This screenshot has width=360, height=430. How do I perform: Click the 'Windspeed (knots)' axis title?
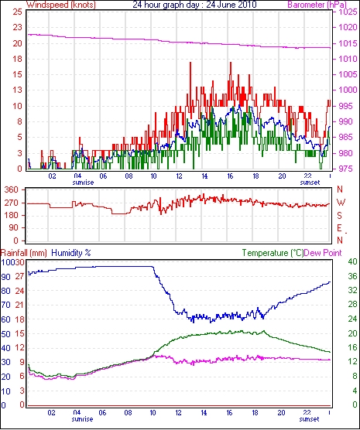pos(61,5)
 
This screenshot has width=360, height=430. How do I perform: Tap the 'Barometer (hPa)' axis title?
pos(317,5)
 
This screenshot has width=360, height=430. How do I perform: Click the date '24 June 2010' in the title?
pos(231,4)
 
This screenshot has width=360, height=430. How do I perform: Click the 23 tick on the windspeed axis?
pos(18,27)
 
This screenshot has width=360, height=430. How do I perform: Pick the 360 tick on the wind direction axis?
pos(12,189)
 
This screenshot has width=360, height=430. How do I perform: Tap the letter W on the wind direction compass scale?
pos(341,203)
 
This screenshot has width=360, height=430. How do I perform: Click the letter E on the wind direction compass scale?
pos(339,228)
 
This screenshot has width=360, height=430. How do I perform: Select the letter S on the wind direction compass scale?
pos(339,216)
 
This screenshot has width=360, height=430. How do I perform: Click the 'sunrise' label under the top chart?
pos(83,183)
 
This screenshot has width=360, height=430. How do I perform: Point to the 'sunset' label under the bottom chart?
pos(309,419)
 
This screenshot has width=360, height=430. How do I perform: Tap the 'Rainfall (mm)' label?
pos(24,253)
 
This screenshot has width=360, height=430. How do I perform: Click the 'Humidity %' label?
pos(71,253)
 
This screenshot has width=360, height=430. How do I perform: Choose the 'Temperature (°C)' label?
pos(273,253)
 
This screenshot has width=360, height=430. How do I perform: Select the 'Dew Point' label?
pos(323,253)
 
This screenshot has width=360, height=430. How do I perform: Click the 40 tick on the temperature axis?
pos(352,261)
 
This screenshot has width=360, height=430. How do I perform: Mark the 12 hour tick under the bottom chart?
pos(179,413)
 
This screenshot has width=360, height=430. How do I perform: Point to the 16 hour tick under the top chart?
pos(230,176)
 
